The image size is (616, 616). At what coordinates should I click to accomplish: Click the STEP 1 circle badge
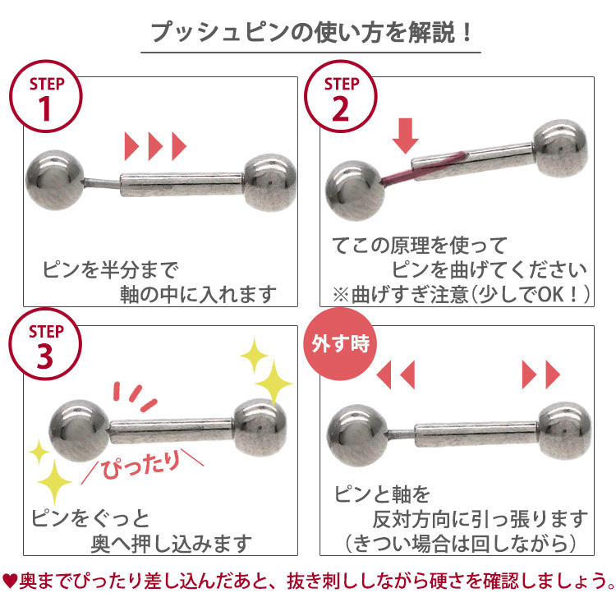45,96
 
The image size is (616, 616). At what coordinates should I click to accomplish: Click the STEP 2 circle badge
341,96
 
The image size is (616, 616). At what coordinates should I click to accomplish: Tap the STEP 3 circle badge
45,344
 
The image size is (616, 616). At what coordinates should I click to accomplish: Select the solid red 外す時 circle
341,344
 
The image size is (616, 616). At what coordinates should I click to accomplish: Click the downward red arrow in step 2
406,136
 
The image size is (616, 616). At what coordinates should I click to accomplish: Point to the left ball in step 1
55,180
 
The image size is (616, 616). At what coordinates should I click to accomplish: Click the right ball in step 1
270,182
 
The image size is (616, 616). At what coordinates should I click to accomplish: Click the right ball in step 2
562,148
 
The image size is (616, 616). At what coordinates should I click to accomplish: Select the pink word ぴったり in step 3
141,465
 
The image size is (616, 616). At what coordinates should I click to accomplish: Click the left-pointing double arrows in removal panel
396,375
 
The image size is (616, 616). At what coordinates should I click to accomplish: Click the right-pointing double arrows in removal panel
541,375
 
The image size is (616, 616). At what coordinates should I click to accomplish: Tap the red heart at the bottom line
9,581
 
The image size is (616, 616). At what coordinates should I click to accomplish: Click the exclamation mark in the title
467,32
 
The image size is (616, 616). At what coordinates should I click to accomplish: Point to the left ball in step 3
79,430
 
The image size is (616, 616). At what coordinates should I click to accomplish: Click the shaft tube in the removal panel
476,434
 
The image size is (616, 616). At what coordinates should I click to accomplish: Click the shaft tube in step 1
182,185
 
